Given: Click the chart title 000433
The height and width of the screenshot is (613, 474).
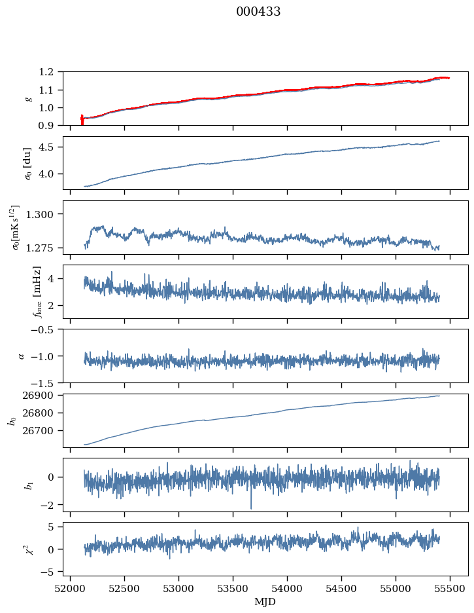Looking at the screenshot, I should click(x=258, y=12).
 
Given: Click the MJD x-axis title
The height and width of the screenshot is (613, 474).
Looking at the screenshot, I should click(x=265, y=601).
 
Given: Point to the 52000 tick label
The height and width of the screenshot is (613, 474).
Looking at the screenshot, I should click(x=71, y=587).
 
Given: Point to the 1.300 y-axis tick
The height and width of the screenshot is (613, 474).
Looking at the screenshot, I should click(x=45, y=214).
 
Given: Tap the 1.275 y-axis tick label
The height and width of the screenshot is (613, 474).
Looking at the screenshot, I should click(x=45, y=248).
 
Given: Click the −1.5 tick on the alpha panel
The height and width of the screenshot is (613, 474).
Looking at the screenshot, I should click(x=46, y=382).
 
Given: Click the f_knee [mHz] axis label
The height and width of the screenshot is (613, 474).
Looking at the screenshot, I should click(x=37, y=291).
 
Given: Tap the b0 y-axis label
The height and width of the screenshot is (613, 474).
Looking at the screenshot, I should click(x=12, y=420).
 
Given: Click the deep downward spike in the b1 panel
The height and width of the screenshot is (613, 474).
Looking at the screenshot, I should click(x=250, y=507).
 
